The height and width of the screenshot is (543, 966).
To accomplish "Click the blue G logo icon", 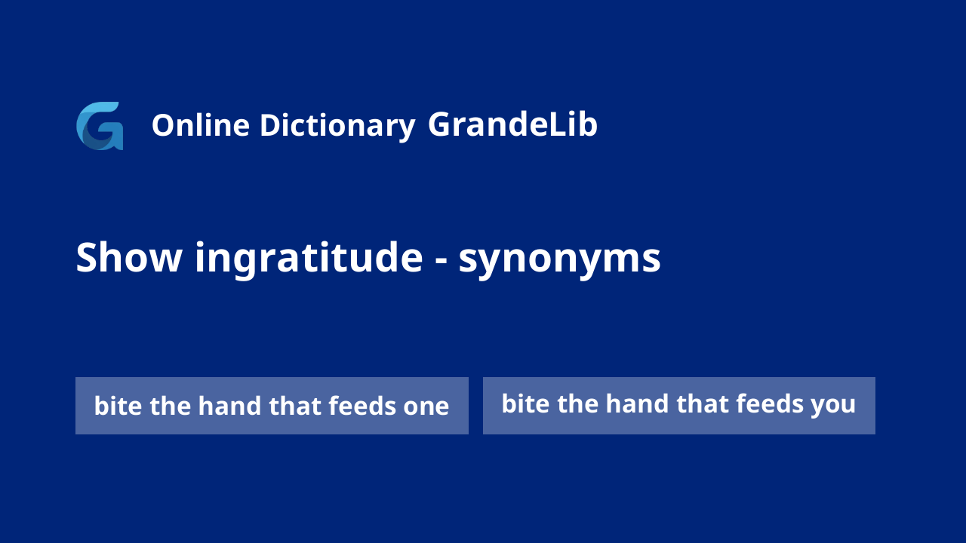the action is tap(100, 126).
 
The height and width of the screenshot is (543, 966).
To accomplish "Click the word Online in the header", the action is tap(201, 125).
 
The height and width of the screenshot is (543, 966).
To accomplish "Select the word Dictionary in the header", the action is tap(337, 127).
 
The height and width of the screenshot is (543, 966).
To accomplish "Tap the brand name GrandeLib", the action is tap(512, 124).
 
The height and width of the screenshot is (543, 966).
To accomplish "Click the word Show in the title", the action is tap(129, 257).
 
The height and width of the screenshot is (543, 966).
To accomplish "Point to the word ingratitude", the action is tap(309, 259).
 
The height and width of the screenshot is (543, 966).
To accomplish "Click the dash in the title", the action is tap(441, 262).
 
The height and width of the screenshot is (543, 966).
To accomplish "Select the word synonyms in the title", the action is tap(559, 261).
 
